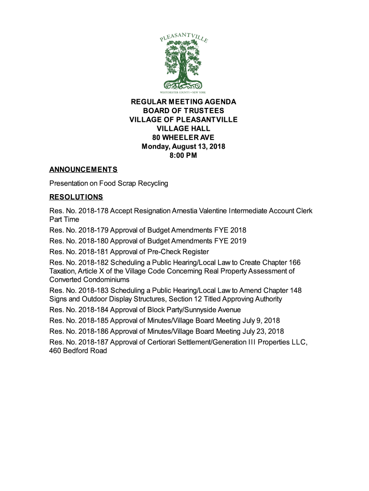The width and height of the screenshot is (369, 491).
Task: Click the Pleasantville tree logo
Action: coord(184,62)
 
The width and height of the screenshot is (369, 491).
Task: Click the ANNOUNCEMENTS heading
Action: coord(83,170)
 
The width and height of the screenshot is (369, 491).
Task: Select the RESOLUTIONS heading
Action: coord(76,197)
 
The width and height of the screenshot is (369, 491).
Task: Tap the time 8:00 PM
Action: coord(184,155)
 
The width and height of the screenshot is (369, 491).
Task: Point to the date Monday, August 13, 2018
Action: coord(184,146)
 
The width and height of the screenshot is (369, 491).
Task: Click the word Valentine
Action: coord(211,211)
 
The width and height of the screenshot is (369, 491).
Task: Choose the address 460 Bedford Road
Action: coord(78,351)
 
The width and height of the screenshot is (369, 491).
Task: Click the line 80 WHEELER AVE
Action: coord(184,138)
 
